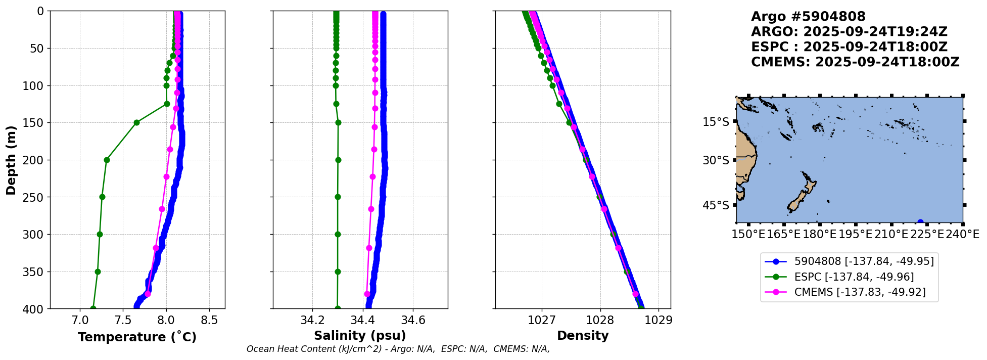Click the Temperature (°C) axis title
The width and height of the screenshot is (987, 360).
pos(137,337)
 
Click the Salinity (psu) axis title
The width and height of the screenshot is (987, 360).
pos(360,336)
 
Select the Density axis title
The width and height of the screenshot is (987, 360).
pos(583,336)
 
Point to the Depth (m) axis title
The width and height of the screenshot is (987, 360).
pos(11,160)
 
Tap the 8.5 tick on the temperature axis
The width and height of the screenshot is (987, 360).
pos(209,320)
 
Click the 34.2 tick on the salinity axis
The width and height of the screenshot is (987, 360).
pos(312,320)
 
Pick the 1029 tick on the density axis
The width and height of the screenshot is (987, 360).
pos(659,320)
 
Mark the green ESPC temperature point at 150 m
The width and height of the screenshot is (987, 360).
pos(136,122)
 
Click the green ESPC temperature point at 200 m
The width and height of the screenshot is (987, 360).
pos(107,160)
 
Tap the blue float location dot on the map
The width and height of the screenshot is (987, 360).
pos(920,222)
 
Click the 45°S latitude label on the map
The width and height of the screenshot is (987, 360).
pos(716,205)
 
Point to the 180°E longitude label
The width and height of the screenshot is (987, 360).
pos(819,234)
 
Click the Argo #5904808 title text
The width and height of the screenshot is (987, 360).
pos(808,17)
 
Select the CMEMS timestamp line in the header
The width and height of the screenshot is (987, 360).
pos(855,62)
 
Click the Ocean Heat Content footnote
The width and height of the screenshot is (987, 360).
pos(398,349)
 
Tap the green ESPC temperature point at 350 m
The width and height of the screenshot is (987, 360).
pos(98,272)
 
